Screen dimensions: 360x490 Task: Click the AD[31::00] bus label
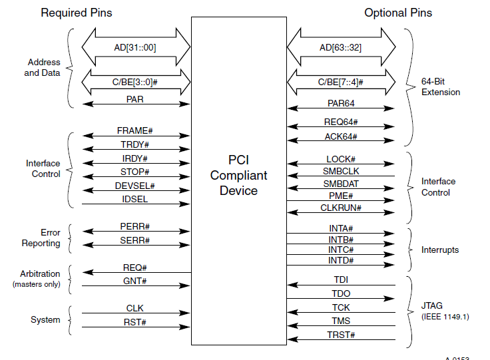coord(136,48)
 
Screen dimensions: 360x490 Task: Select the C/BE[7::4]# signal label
coord(342,81)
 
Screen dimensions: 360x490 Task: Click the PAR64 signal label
coord(342,103)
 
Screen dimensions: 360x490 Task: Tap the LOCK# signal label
coord(342,160)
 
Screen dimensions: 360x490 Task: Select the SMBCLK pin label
coord(342,172)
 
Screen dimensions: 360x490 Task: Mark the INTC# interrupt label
coord(342,250)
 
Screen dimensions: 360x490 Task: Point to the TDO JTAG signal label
coord(342,293)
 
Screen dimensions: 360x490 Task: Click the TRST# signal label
coord(342,334)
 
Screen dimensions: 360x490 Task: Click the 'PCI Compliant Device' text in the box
coord(238,176)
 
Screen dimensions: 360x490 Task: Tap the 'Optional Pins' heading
coord(398,13)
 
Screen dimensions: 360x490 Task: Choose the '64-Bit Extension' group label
coord(440,87)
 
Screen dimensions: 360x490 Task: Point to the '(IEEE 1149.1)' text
coord(445,317)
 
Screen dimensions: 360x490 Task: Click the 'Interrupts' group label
coord(440,250)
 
